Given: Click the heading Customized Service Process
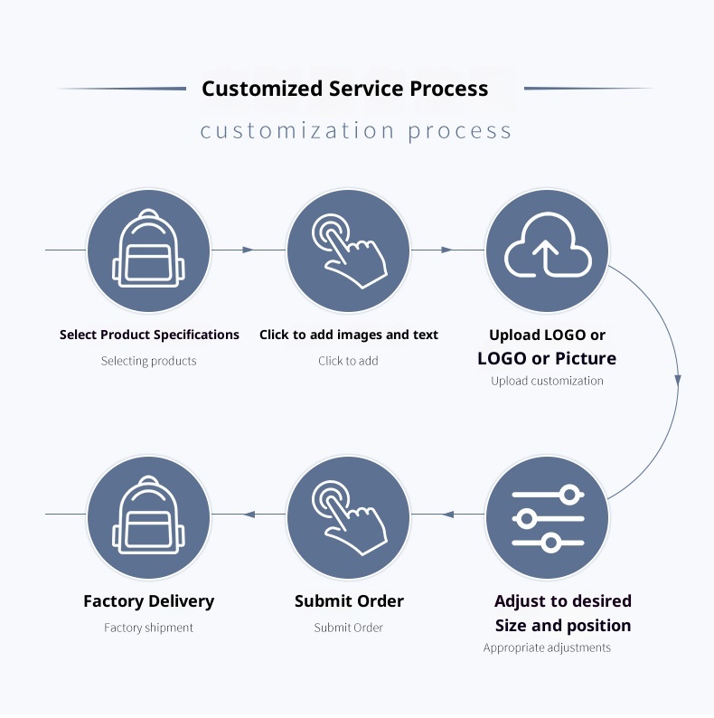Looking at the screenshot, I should click(x=344, y=89).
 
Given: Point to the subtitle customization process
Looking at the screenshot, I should click(x=356, y=131).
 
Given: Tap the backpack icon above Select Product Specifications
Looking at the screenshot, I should click(x=148, y=250).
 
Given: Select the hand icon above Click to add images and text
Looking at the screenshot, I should click(x=349, y=250).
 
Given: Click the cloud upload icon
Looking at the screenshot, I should click(x=548, y=250).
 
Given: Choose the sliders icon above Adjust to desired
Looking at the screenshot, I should click(x=548, y=518).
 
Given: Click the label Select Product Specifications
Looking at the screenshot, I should click(x=149, y=335).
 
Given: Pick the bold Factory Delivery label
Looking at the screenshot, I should click(x=148, y=601).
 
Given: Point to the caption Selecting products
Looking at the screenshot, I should click(x=148, y=361).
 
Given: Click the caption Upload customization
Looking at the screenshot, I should click(x=547, y=381).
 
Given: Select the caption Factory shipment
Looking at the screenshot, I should click(x=148, y=628).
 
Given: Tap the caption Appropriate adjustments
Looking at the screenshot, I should click(x=547, y=647).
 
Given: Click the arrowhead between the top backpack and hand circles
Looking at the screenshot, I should click(x=248, y=250).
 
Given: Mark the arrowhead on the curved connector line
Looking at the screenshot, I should click(x=678, y=381).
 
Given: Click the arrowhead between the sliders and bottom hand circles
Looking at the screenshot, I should click(x=448, y=515).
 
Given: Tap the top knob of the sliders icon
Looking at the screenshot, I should click(x=568, y=495).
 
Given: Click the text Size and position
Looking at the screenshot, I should click(x=562, y=626).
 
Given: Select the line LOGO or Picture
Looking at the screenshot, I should click(x=547, y=359).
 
